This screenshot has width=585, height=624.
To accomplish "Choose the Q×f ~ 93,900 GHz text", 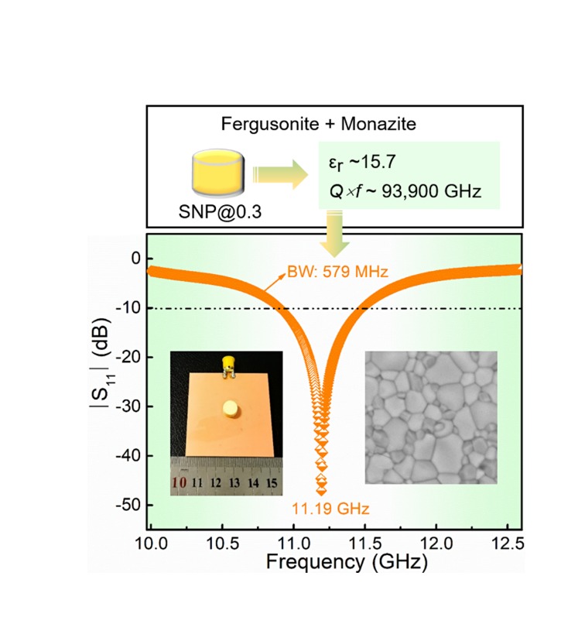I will click(x=401, y=190).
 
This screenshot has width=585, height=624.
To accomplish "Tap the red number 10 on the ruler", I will click(x=180, y=483).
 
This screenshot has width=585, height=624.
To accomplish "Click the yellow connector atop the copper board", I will click(x=227, y=362).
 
